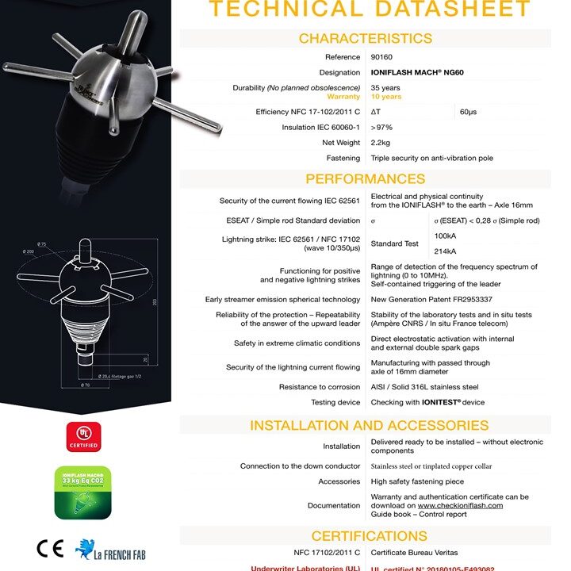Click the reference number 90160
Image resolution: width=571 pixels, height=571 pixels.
(x=381, y=57)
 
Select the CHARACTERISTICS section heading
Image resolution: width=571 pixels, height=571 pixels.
(x=365, y=38)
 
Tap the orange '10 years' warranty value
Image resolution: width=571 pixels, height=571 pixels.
(x=386, y=97)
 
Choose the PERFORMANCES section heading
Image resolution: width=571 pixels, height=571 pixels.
(x=365, y=178)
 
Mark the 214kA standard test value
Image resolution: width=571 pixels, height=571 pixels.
(x=446, y=251)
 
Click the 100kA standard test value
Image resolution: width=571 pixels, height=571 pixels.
(x=446, y=236)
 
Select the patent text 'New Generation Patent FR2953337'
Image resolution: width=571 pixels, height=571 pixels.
(x=431, y=300)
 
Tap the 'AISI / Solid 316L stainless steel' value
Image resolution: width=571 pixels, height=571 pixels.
(x=424, y=387)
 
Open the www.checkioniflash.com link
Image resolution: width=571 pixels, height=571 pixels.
(x=460, y=505)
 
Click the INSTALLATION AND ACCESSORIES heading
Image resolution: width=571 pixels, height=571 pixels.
(x=365, y=425)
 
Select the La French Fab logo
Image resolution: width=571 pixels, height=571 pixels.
(x=110, y=550)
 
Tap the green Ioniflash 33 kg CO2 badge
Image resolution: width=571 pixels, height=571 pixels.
(x=82, y=492)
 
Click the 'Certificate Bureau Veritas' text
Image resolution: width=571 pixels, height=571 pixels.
(x=414, y=552)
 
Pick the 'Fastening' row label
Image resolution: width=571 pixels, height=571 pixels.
(x=343, y=159)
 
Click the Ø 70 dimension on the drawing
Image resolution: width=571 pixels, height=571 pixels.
(x=84, y=385)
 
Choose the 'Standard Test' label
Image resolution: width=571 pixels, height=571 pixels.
(x=395, y=243)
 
